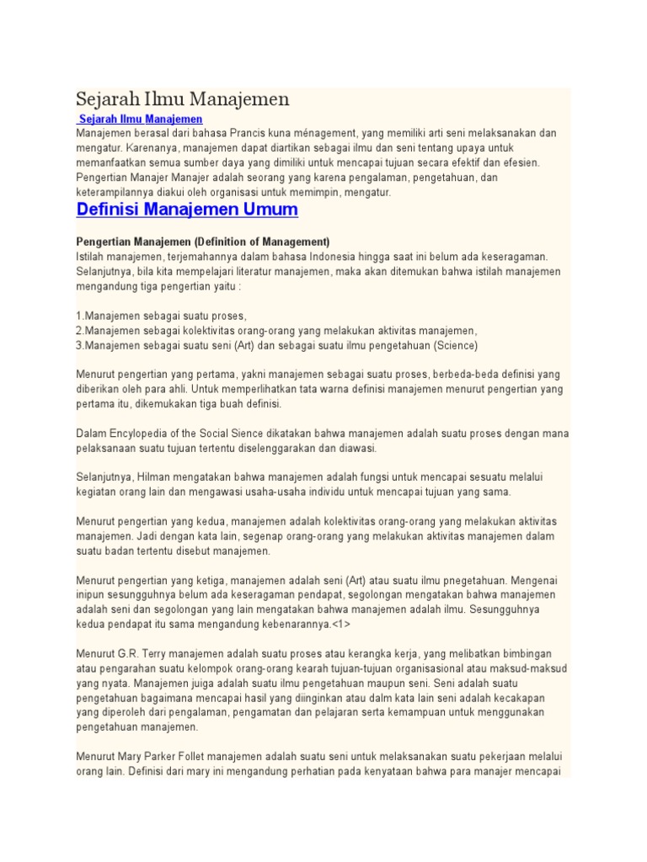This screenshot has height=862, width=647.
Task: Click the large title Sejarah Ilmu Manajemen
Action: tap(183, 99)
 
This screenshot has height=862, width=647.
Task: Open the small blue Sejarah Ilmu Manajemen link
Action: tap(141, 119)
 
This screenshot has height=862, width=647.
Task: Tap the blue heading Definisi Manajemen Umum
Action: tap(187, 208)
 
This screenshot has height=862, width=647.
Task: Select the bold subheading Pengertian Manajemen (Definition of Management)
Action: tap(203, 241)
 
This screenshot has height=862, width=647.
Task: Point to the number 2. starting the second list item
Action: tap(80, 330)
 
